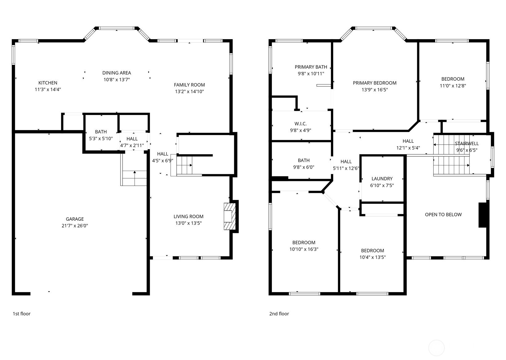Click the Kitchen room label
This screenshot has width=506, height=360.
point(48,83)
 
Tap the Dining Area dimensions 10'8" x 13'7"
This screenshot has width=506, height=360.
point(116,80)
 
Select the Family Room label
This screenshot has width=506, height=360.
point(189,85)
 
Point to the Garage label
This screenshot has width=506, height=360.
point(75,219)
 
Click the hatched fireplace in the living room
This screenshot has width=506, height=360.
point(230,216)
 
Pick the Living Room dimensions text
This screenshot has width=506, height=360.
point(188,223)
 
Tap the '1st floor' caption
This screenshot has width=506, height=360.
point(22,314)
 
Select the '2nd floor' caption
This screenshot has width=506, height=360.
point(279,314)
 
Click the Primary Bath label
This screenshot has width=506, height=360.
point(311,67)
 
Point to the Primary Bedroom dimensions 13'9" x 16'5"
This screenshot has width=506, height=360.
point(374,90)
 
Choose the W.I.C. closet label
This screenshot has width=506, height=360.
point(300,124)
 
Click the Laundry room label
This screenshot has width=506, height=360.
point(382,178)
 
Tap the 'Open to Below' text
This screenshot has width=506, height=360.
point(443,215)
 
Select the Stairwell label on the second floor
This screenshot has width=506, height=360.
point(467,143)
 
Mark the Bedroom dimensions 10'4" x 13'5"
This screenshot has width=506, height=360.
point(373,257)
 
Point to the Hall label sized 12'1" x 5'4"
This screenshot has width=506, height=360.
point(408,141)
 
